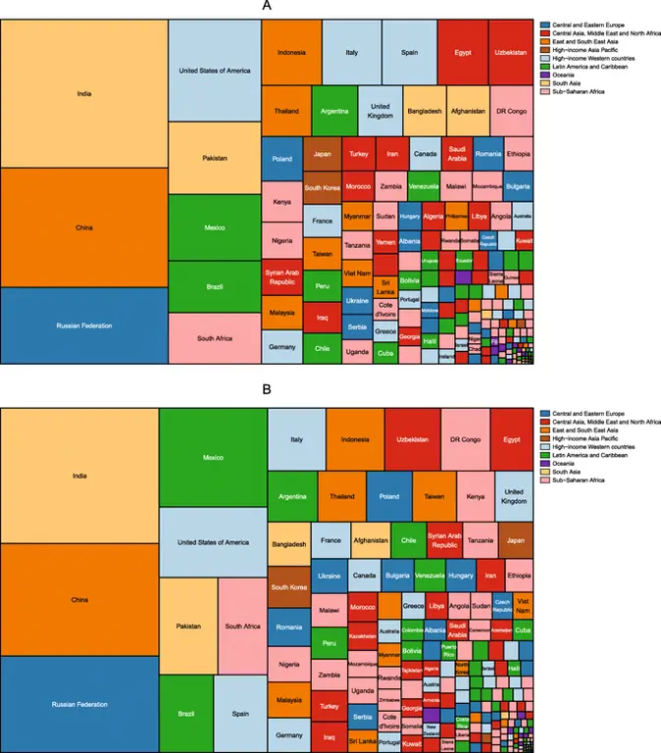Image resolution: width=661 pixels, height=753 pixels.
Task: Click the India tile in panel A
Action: (x=83, y=94)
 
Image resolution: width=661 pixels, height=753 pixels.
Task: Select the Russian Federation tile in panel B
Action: (x=79, y=704)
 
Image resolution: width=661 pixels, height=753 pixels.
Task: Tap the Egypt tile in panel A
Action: (x=463, y=52)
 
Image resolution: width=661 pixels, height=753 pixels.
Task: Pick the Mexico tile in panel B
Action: (x=213, y=457)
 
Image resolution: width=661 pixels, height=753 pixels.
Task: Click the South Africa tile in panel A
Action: (x=214, y=338)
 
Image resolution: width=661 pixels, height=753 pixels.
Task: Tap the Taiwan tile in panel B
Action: (x=433, y=497)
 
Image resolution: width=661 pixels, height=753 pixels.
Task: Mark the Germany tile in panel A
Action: (x=281, y=347)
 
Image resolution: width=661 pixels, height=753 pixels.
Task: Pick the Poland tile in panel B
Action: (x=389, y=497)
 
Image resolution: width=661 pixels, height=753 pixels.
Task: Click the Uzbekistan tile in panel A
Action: (x=510, y=52)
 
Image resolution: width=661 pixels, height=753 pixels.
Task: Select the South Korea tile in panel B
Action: (x=288, y=586)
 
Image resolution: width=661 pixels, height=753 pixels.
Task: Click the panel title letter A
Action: (x=267, y=7)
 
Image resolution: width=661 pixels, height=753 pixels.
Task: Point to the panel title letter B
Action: (x=267, y=389)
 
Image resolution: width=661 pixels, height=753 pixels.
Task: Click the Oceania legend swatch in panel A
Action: (x=544, y=74)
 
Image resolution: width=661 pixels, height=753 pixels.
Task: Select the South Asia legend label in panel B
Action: (x=568, y=472)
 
